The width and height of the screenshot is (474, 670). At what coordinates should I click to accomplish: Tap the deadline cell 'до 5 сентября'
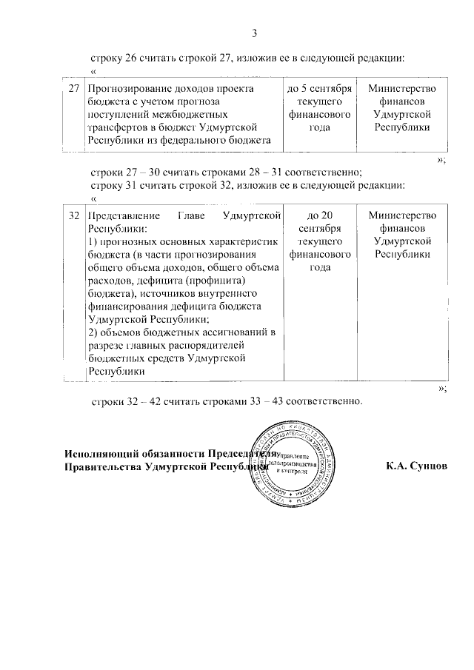tap(318, 108)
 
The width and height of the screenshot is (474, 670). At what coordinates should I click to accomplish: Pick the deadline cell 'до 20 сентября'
tap(318, 242)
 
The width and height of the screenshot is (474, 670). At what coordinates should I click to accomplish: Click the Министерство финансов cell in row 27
tap(402, 108)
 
